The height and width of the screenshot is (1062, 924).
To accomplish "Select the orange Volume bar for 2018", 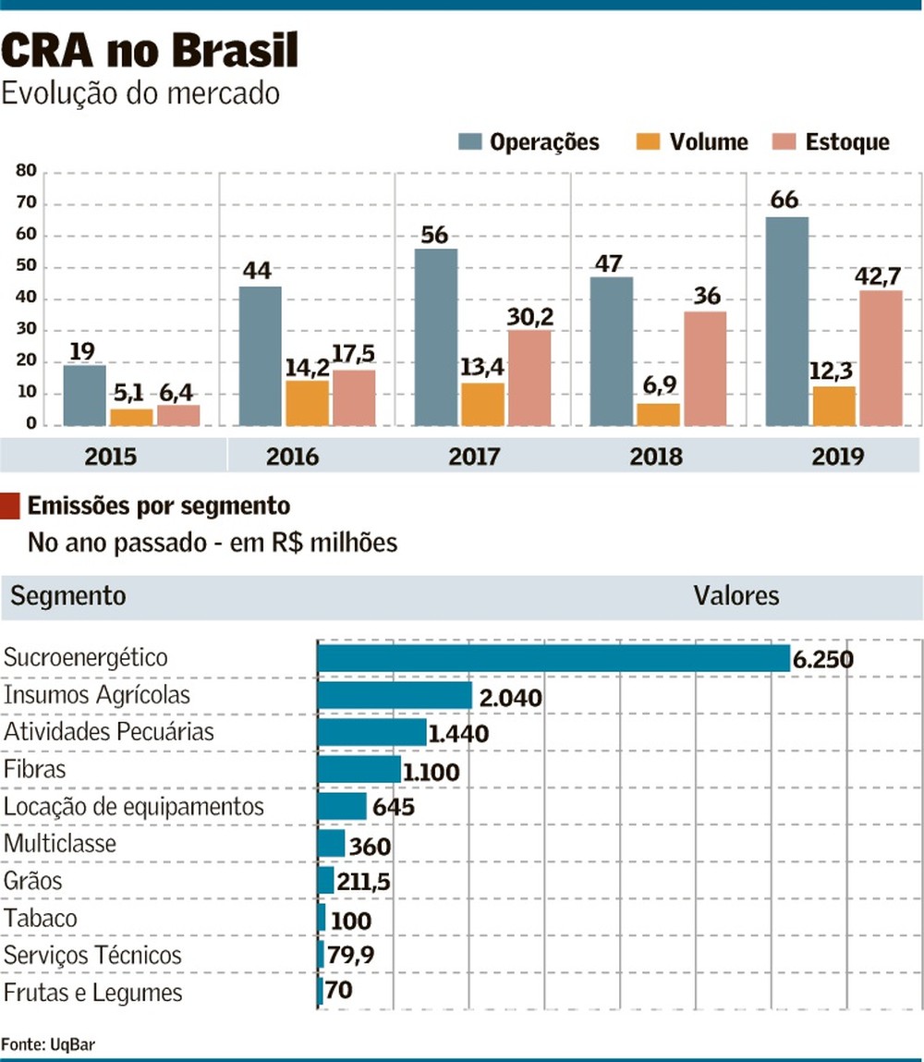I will point(658,415).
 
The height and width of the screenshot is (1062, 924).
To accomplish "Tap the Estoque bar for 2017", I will point(529,378).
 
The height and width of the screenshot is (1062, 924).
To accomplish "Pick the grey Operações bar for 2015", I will point(84,395).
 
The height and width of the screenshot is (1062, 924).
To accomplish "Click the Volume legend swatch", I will point(648,141).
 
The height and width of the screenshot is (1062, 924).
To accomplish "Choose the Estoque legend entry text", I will point(847,142).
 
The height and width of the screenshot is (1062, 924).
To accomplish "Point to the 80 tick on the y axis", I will point(25,171).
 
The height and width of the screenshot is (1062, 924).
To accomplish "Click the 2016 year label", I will point(292,457).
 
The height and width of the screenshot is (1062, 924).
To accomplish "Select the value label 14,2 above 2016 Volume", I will point(307,364).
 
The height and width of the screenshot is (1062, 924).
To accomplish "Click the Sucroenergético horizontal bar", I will point(553,658).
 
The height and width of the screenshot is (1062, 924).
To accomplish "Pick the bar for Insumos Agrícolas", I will point(395,695).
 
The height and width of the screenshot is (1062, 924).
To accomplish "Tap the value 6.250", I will point(822,660).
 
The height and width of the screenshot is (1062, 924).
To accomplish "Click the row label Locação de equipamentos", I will point(134,807).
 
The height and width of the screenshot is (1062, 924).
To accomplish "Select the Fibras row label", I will point(35,769).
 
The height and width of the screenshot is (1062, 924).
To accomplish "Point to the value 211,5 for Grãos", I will point(363,883).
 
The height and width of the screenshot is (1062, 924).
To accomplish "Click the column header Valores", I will point(736,596).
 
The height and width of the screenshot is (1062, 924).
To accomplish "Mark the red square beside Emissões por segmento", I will point(10,507).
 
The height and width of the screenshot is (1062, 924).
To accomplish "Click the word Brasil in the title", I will point(232,51).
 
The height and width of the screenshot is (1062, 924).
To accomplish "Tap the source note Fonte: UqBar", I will point(48,1044).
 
